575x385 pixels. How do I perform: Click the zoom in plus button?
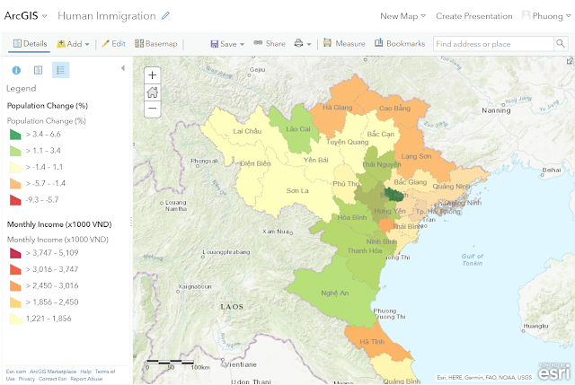pos(152,75)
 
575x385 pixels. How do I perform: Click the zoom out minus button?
pos(152,108)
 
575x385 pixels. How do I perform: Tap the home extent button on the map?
pos(152,92)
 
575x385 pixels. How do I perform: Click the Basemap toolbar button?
pos(156,43)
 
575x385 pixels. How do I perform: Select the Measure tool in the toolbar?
pos(344,43)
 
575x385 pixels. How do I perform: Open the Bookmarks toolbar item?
pos(400,43)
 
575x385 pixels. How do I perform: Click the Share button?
pos(270,43)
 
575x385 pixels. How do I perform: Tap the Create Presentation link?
pos(473,16)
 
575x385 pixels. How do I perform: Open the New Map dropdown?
pos(403,16)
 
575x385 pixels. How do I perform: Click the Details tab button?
pos(30,43)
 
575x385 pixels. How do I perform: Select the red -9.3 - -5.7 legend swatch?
pos(14,199)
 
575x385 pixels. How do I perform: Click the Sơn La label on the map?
pos(297,191)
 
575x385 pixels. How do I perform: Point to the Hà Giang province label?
pos(338,108)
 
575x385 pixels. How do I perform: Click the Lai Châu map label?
pos(246,131)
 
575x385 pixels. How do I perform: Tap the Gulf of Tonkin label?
pos(473,260)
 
